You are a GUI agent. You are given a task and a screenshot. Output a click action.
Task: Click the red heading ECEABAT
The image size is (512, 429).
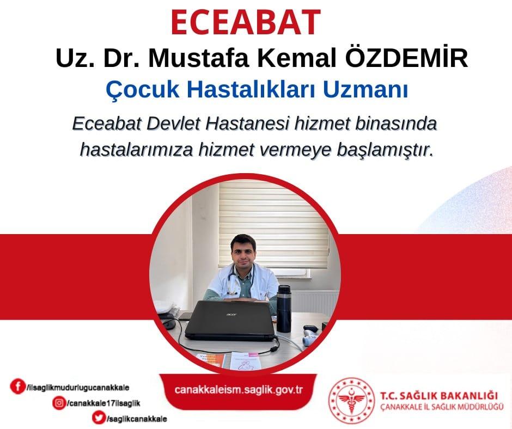tap(245, 22)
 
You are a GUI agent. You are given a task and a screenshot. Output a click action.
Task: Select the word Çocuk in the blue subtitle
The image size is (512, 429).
tap(142, 90)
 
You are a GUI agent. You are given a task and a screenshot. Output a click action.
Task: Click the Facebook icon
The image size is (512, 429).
tap(17, 386)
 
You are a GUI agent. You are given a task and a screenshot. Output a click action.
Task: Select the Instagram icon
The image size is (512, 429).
tap(59, 403)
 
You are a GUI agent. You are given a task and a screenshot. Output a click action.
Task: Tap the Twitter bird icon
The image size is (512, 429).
tap(99, 418)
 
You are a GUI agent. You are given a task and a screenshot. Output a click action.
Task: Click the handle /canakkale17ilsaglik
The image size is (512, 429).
tap(103, 403)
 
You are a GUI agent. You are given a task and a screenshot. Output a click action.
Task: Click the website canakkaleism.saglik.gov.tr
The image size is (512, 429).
tap(239, 390)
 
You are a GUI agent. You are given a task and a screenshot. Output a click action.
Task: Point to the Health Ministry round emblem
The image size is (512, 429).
tap(351, 401)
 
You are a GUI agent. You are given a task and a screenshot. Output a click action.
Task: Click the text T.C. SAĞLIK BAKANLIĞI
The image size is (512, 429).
tap(439, 396)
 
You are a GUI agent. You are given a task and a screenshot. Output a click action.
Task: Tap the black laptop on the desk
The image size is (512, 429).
tap(229, 321)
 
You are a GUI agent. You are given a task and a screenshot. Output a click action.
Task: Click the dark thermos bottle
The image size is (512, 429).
tap(284, 308)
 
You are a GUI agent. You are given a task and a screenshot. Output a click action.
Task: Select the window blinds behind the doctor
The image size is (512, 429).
tap(273, 225)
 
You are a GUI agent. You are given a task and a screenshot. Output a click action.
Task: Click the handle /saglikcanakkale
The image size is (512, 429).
tap(137, 419)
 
